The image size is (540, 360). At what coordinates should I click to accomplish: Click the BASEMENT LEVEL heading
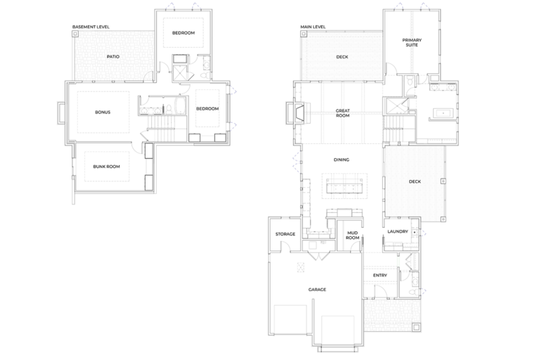coord(91,27)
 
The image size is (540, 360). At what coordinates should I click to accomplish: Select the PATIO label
coord(112,57)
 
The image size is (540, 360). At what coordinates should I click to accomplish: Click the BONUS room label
coord(103,112)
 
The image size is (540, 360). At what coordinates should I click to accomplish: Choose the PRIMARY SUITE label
coord(412,43)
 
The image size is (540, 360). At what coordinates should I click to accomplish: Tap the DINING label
coord(342,160)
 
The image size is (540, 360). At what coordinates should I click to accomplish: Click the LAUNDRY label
coord(398,231)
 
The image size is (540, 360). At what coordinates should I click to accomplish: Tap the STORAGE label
coord(285,233)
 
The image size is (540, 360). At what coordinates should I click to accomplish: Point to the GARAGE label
coord(317,289)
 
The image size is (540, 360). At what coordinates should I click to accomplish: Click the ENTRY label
coord(380,275)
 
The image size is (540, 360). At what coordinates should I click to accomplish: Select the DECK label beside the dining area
coord(415,181)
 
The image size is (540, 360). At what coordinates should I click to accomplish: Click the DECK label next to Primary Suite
coord(342,57)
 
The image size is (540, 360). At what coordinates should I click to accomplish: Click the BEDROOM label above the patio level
coord(184,33)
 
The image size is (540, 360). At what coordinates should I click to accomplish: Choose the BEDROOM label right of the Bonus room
coord(207,108)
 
